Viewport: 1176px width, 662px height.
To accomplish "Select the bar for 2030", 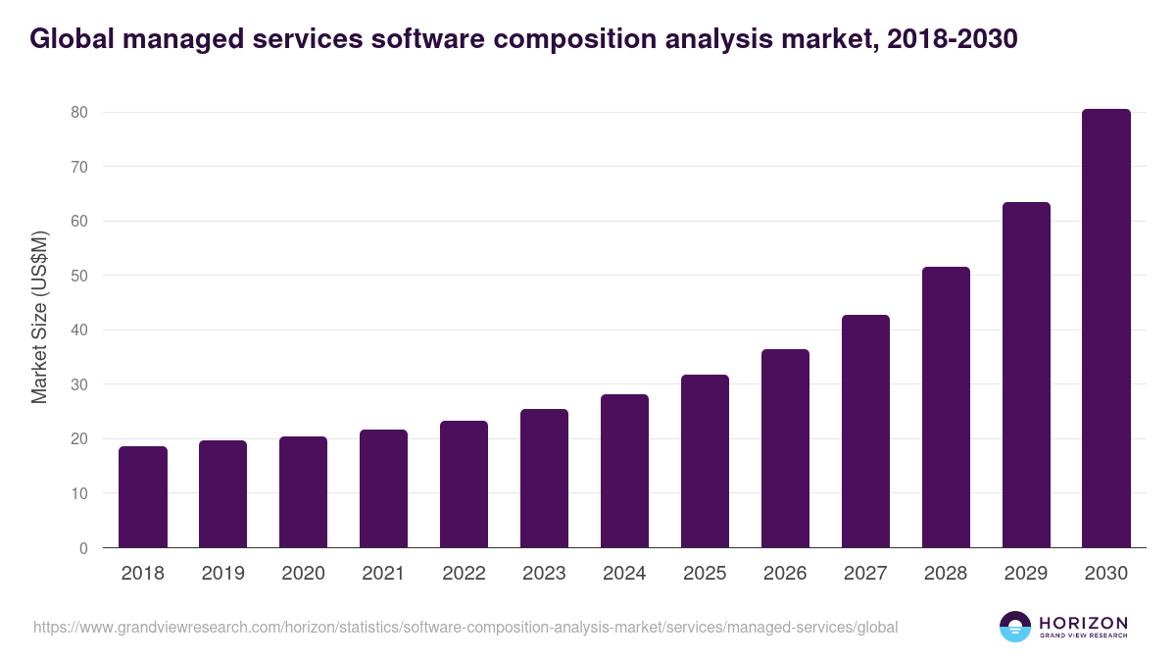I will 1106,329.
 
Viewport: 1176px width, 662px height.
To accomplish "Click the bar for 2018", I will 143,497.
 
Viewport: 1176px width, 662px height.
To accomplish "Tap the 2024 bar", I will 624,471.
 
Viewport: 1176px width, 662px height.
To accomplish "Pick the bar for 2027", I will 865,432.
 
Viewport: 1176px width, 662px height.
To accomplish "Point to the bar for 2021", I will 383,488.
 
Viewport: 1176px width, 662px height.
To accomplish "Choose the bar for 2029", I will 1026,375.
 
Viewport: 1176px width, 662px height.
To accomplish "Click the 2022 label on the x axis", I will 464,574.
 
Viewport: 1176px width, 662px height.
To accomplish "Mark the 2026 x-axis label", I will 785,574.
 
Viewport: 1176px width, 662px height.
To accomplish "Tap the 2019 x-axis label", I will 222,574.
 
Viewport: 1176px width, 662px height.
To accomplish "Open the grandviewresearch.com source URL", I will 465,627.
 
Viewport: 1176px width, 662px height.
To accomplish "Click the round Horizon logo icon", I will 1014,627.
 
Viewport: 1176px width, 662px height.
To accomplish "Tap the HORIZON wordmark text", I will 1083,623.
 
